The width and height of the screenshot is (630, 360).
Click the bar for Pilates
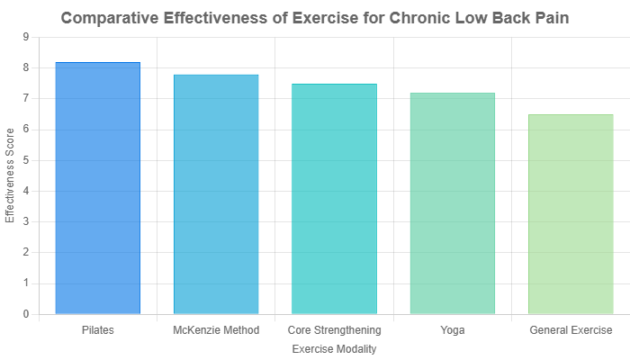(98, 188)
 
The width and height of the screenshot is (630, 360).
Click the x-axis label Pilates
(98, 330)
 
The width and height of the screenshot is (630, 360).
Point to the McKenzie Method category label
(216, 330)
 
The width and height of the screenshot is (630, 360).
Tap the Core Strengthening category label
(334, 330)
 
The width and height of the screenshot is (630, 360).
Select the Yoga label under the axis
(452, 330)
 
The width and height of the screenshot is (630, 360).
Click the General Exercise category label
(570, 330)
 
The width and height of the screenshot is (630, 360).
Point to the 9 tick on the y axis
(25, 37)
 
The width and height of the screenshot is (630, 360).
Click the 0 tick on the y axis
(25, 314)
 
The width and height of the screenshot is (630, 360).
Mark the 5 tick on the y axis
(25, 160)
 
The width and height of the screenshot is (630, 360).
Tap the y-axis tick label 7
(25, 98)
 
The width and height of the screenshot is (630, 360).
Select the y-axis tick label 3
(25, 221)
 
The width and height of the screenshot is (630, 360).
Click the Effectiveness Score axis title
(10, 175)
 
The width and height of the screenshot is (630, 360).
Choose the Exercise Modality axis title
(334, 348)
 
